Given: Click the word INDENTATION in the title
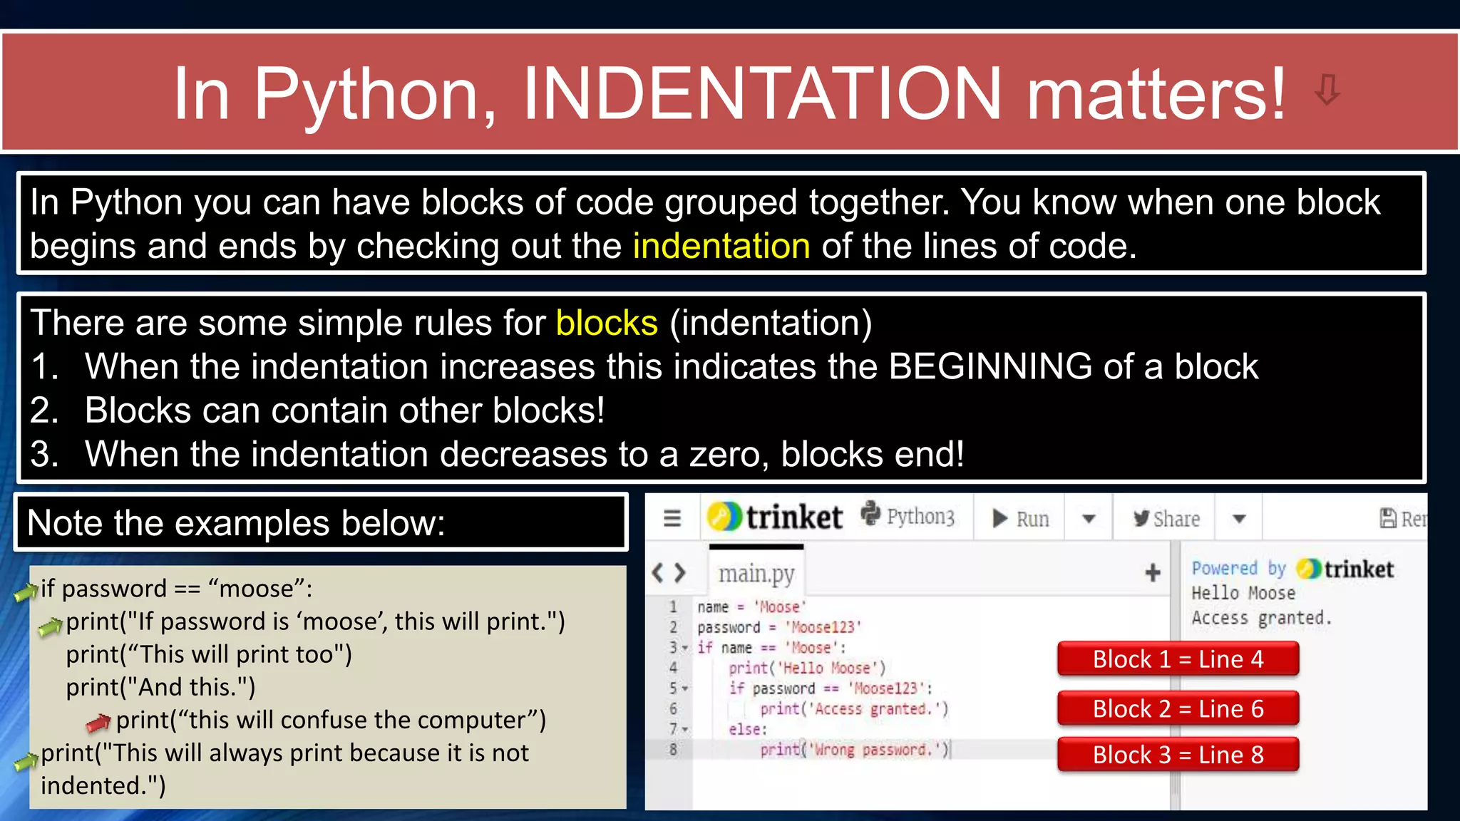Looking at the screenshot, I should (x=762, y=93).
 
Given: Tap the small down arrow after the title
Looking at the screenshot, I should (x=1327, y=90).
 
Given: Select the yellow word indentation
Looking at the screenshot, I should (x=721, y=246).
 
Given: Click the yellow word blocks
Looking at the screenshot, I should (x=607, y=323).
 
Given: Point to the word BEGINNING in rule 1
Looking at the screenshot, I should (x=990, y=366).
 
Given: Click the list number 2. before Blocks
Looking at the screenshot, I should (x=44, y=410).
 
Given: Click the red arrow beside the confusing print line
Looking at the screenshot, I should (x=98, y=723).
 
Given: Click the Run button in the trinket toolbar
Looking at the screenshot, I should (x=1021, y=518).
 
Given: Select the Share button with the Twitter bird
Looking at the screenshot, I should (x=1167, y=518).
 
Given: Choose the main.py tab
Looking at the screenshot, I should (x=756, y=573).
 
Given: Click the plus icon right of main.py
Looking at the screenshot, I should (x=1153, y=572).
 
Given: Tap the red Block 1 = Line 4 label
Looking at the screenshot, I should (x=1178, y=659).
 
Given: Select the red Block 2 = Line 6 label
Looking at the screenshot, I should (x=1178, y=709).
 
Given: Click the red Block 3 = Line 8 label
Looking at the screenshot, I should (x=1178, y=755).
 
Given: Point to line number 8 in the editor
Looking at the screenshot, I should (x=673, y=749).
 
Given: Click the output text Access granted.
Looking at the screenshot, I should (x=1261, y=618).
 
